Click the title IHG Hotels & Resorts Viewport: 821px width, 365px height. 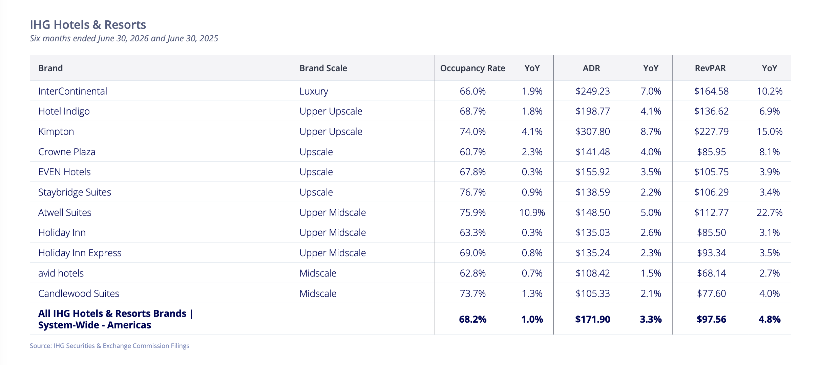[x=88, y=25]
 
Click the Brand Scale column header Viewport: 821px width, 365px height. [x=323, y=68]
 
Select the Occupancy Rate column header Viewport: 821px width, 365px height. [x=472, y=68]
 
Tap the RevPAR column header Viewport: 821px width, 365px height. [x=710, y=68]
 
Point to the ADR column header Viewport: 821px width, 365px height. [x=591, y=68]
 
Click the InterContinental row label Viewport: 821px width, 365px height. [x=73, y=91]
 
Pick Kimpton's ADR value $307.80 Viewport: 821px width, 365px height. [x=593, y=131]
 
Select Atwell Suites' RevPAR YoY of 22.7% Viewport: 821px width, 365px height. [x=770, y=212]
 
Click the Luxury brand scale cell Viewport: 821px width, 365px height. [x=314, y=92]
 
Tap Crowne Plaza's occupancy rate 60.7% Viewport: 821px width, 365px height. [x=472, y=152]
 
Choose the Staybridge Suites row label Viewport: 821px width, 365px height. [x=75, y=192]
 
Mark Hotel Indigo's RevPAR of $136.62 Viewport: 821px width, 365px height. [x=711, y=111]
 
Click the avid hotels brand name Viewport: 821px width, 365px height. [x=61, y=273]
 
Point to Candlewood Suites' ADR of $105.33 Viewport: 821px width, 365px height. [x=593, y=293]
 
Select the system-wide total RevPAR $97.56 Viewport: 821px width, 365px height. [x=711, y=319]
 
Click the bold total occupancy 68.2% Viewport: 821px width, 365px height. [x=472, y=319]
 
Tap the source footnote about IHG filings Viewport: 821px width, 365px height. [x=109, y=346]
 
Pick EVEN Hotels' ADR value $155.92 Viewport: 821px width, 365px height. [x=593, y=172]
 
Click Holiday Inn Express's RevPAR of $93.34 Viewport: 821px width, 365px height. [x=711, y=253]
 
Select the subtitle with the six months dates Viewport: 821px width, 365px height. [x=124, y=38]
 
